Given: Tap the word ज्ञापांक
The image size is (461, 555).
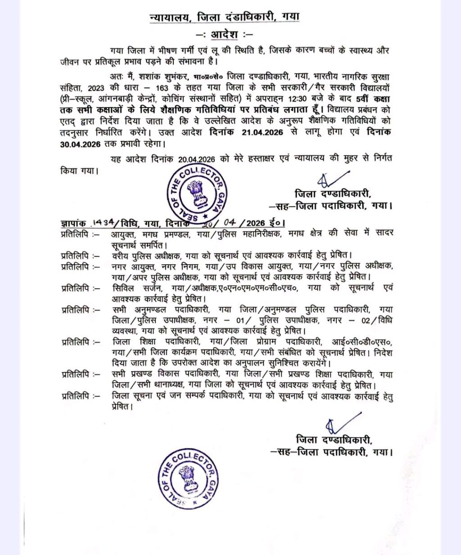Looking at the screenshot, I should coord(74,223).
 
